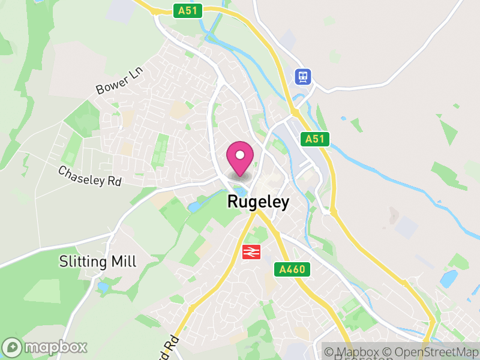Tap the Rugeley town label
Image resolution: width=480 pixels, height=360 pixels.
pos(257,202)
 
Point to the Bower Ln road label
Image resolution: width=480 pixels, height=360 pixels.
pos(121,81)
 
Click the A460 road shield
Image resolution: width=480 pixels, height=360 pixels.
pos(293,270)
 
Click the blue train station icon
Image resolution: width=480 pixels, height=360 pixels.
pos(303,76)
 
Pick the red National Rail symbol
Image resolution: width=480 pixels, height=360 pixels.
pos(251,252)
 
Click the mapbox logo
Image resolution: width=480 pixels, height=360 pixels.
pos(45,347)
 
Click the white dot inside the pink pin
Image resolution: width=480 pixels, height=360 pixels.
pos(240,155)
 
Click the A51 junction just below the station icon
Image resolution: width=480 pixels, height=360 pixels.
pos(296,112)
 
